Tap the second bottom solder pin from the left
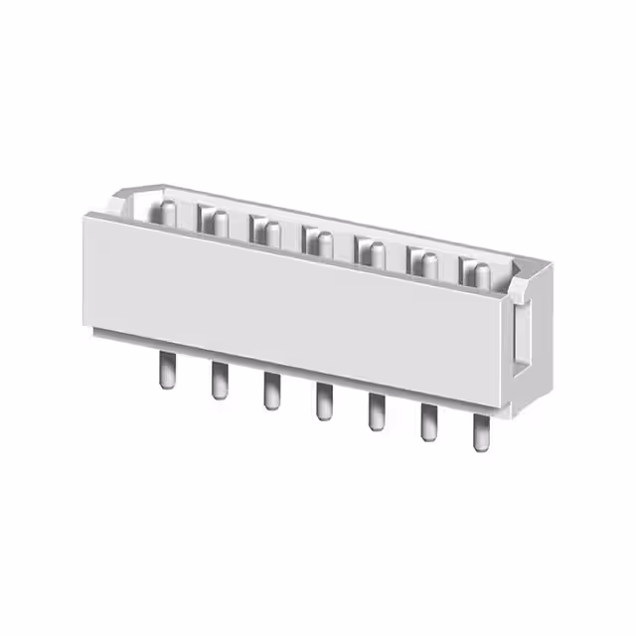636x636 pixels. [219, 382]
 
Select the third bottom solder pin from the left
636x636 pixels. [270, 392]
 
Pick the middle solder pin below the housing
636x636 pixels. [323, 402]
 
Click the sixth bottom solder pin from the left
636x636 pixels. [428, 423]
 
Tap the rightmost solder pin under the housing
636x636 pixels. [481, 433]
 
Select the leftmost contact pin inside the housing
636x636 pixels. [168, 212]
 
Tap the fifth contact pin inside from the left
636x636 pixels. [375, 252]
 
